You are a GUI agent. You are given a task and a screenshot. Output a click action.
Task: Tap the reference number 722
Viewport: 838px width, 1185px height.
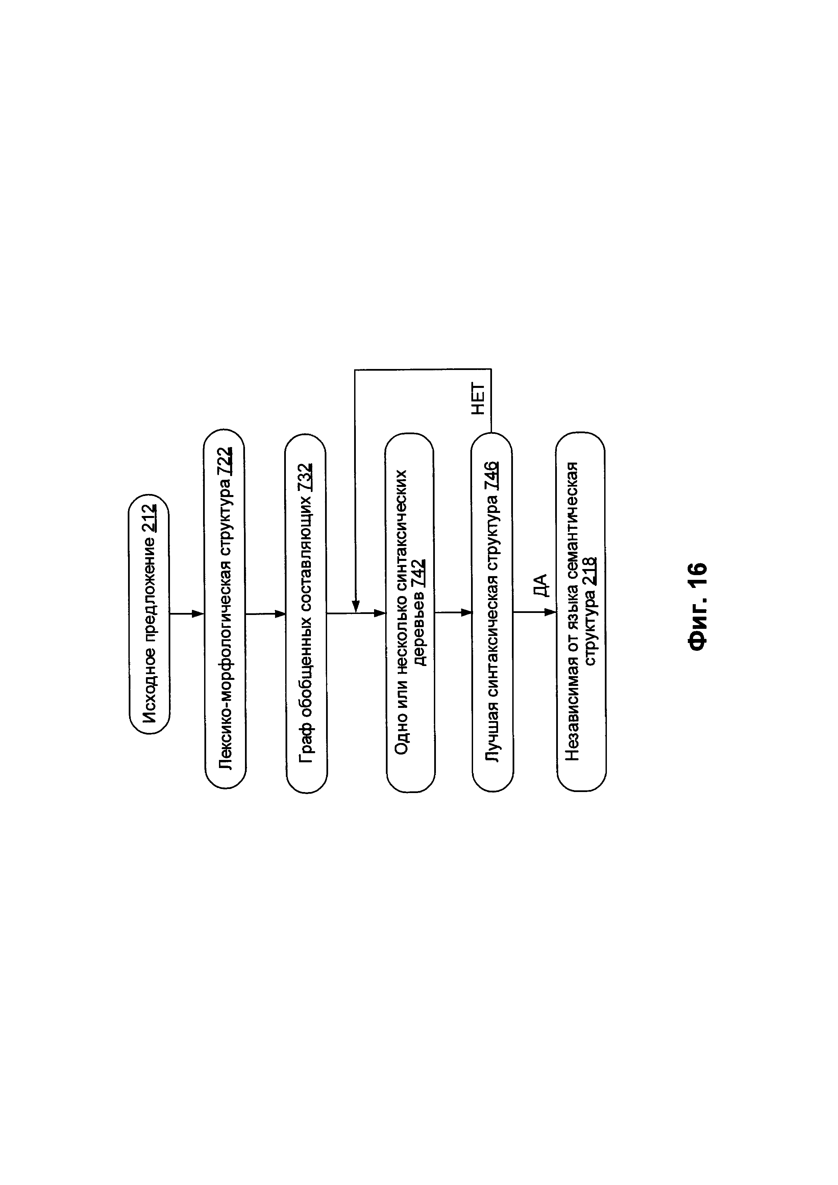coord(225,462)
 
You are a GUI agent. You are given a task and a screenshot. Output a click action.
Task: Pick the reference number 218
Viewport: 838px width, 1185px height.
coord(590,571)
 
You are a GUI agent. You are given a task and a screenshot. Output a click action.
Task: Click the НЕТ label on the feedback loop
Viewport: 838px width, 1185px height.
coord(478,399)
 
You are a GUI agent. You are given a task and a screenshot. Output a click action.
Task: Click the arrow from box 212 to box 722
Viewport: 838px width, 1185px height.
coord(187,614)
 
